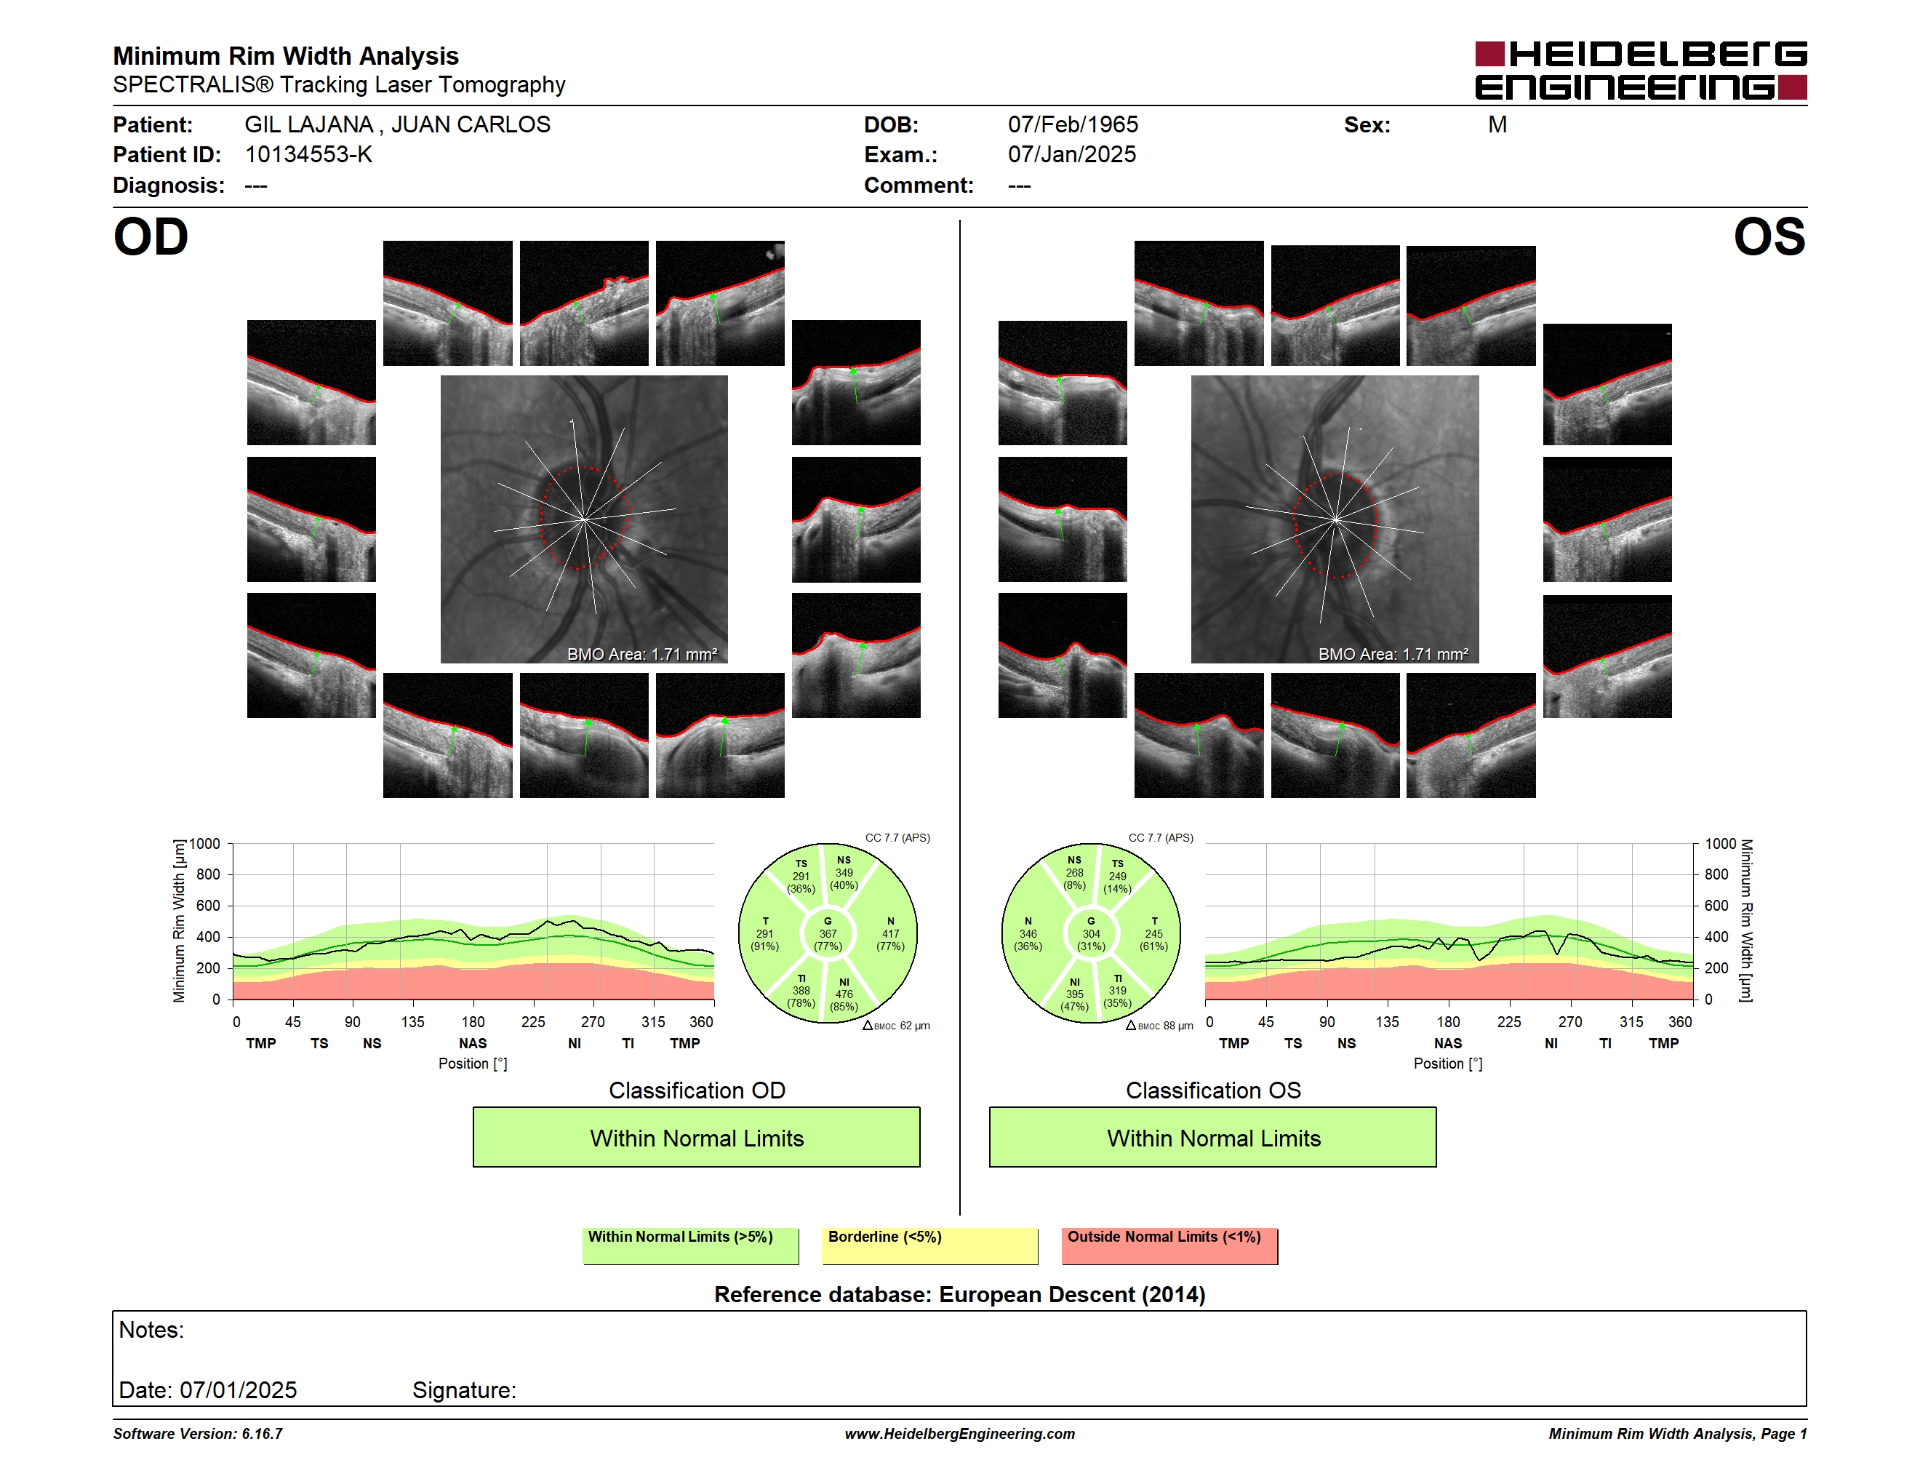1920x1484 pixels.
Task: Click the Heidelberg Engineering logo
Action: click(1641, 71)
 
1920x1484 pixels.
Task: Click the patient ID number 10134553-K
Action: click(308, 155)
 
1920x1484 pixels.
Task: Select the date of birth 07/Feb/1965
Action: click(1073, 125)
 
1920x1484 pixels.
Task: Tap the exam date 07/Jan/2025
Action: click(1072, 155)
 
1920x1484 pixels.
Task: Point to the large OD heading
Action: click(151, 237)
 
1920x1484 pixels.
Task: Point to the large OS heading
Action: click(1769, 237)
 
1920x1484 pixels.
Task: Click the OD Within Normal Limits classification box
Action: click(696, 1137)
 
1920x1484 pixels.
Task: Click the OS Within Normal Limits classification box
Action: click(1213, 1137)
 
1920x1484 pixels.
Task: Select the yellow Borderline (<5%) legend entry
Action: click(930, 1245)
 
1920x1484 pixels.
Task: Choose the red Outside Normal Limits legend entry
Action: click(1169, 1245)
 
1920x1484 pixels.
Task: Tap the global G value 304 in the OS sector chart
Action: click(1091, 933)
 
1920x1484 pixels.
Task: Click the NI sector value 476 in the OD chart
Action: click(844, 994)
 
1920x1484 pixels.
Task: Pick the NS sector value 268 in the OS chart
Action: click(1074, 873)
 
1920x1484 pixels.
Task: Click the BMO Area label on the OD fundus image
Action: click(641, 654)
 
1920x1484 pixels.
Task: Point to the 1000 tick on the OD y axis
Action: click(205, 844)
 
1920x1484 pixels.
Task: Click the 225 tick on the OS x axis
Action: click(1508, 1021)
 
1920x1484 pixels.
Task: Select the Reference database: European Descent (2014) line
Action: click(960, 1294)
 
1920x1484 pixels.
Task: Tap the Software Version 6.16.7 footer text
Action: click(198, 1434)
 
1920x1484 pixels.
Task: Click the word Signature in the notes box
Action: click(464, 1390)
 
